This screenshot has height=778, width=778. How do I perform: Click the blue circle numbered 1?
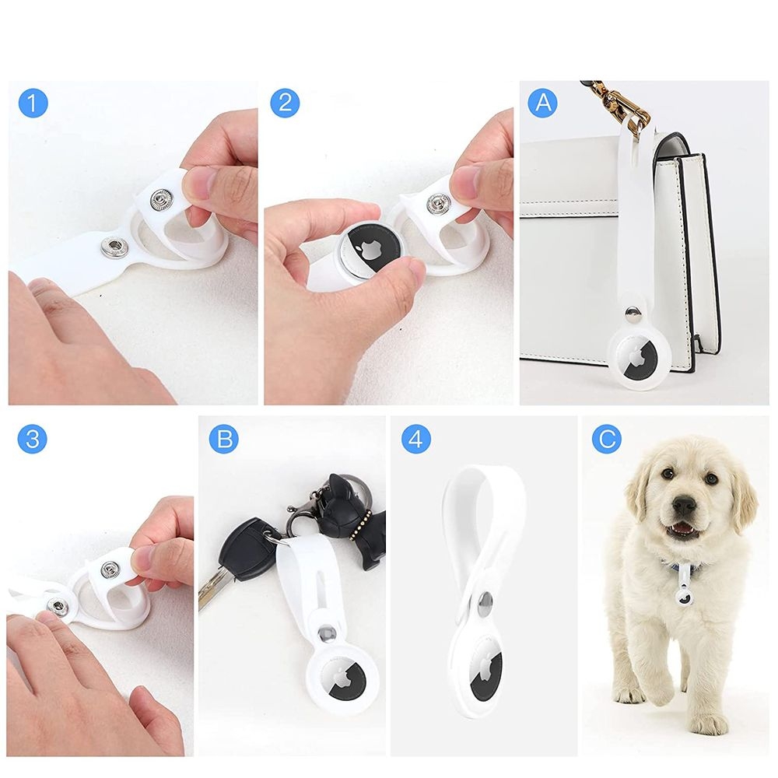(33, 103)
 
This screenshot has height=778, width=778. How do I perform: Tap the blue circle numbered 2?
(285, 103)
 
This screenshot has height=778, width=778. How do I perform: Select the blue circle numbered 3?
(32, 439)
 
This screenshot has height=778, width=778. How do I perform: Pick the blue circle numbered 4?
(415, 439)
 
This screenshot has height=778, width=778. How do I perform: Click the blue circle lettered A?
(543, 103)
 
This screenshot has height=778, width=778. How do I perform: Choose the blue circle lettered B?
(224, 439)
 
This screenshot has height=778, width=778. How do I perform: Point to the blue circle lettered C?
(607, 439)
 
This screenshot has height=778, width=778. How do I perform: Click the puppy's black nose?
(684, 506)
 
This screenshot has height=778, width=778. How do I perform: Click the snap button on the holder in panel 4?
(485, 600)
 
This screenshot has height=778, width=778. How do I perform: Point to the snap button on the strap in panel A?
(632, 312)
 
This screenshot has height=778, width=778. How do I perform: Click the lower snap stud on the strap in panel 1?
(113, 247)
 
